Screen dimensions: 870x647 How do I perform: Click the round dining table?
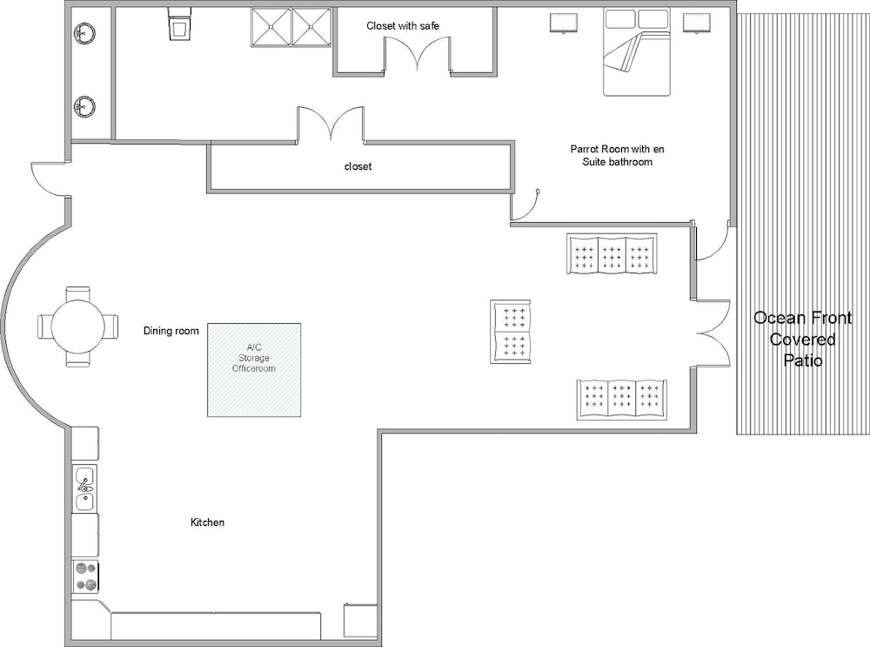tap(77, 326)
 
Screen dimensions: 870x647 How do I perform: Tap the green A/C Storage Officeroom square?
tap(254, 370)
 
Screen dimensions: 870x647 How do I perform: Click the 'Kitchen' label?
tap(208, 522)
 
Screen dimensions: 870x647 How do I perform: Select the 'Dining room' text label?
tap(171, 331)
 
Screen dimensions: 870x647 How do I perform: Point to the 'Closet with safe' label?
tap(403, 26)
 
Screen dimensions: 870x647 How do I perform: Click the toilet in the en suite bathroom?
tap(180, 24)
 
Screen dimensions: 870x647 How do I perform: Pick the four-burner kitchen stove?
tap(86, 576)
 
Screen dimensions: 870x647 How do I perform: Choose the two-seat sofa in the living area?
tap(511, 332)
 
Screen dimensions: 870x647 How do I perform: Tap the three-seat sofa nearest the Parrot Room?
tap(612, 253)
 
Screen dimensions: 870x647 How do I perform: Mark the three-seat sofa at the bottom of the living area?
tap(622, 400)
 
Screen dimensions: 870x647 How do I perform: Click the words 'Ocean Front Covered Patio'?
tap(802, 340)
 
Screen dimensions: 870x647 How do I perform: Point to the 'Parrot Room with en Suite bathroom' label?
tap(617, 156)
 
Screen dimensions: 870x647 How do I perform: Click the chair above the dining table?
tap(77, 293)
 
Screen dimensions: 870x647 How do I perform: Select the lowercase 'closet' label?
tap(358, 166)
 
